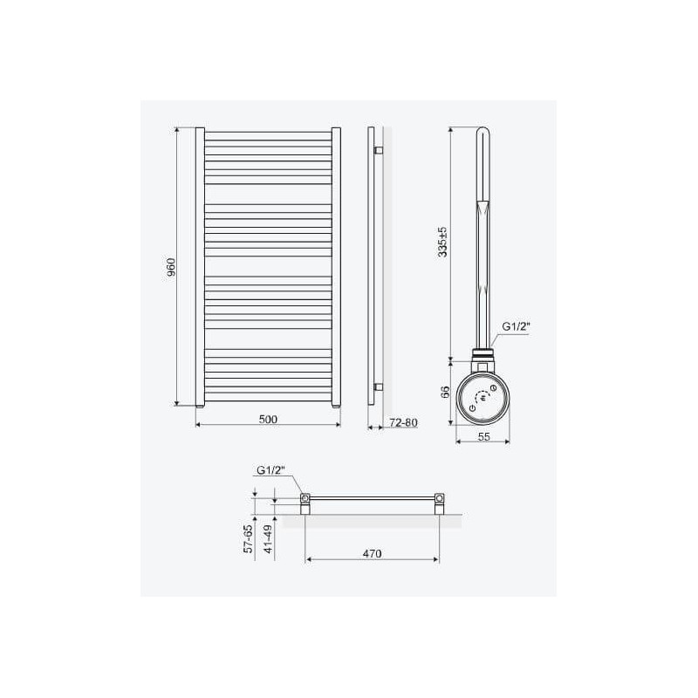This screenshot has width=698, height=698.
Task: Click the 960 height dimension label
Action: (171, 267)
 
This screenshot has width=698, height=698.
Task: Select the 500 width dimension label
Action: (268, 419)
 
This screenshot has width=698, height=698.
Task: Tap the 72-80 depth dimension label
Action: (403, 422)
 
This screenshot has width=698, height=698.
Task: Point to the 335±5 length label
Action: (443, 242)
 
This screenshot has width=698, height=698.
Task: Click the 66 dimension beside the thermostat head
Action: (445, 392)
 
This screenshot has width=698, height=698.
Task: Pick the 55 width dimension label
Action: (484, 437)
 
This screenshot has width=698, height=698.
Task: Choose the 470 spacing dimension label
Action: (373, 553)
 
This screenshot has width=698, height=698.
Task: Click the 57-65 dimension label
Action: (249, 538)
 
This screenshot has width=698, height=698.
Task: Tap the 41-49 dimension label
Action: (268, 538)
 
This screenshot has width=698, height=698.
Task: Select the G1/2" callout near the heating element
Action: (517, 326)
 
